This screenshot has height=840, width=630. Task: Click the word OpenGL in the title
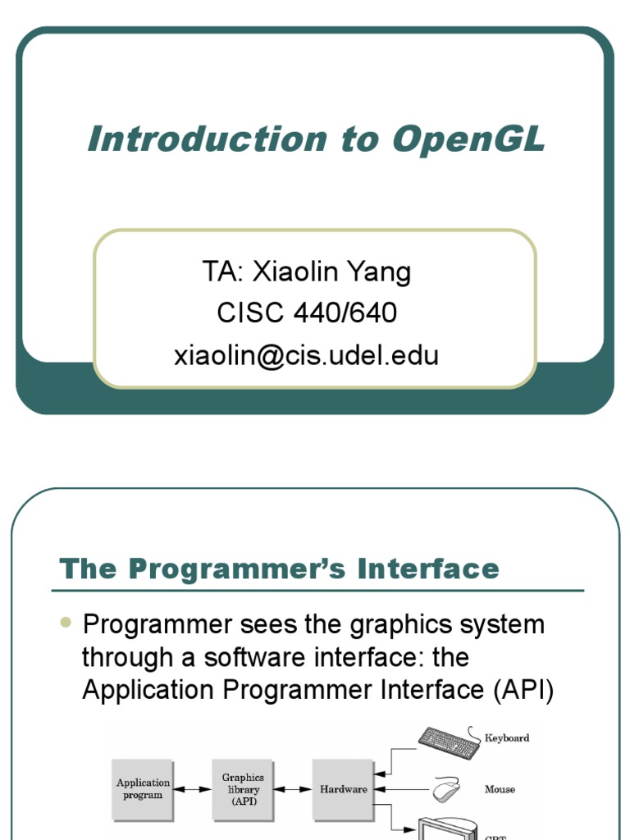[x=469, y=139]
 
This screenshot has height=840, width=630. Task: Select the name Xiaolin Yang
[x=332, y=272]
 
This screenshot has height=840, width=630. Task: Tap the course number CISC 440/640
[x=307, y=313]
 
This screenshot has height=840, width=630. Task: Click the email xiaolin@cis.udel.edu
[x=306, y=355]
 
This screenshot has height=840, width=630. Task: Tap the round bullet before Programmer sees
[x=66, y=623]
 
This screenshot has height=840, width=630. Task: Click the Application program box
[x=143, y=789]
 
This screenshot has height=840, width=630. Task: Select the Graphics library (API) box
[x=243, y=789]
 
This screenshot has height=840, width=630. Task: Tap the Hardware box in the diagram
[x=343, y=789]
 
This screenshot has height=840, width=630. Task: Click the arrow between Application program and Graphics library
[x=193, y=790]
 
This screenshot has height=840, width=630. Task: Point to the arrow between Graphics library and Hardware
[x=293, y=790]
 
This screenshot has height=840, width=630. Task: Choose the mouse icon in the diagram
[x=446, y=789]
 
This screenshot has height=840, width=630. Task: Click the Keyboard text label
[x=507, y=738]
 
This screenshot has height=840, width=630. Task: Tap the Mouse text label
[x=500, y=790]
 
